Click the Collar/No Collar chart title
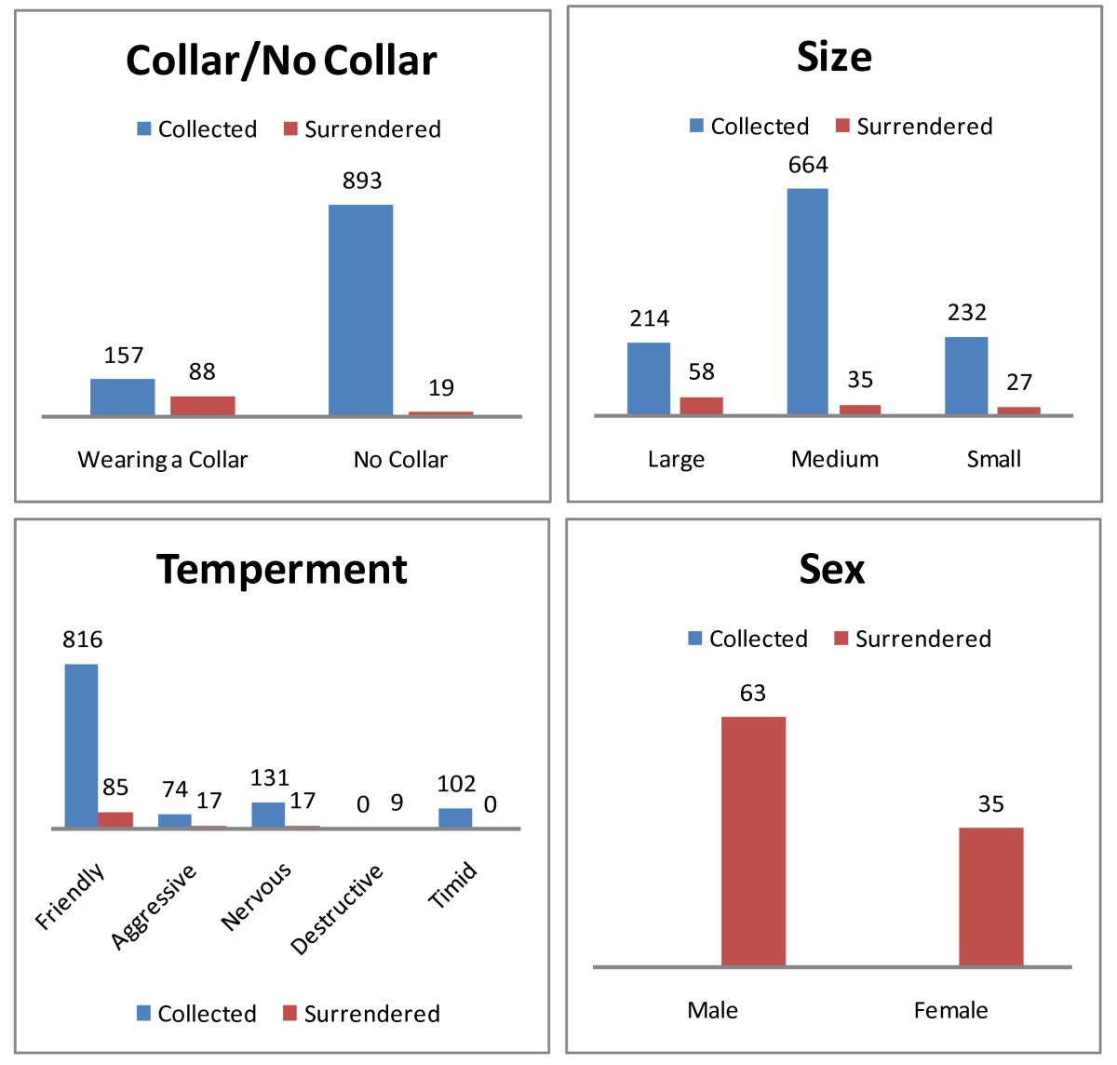pos(281,61)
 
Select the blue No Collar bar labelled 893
pos(360,309)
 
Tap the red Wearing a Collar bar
pos(202,405)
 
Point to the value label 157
pos(123,356)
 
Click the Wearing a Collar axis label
pos(162,460)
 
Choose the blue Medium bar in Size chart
pos(807,301)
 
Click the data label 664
pos(807,166)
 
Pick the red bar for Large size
pos(701,405)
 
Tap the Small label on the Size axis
pos(993,459)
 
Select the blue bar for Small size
pos(965,375)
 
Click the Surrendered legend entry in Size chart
pos(914,127)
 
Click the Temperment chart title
pos(281,570)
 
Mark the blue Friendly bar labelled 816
pos(81,745)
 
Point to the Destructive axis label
pos(337,910)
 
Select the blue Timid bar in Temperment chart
pos(455,817)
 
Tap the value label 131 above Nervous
pos(270,778)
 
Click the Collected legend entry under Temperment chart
pos(196,1014)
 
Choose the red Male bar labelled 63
pos(753,841)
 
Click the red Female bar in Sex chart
pos(990,896)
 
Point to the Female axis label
pos(950,1011)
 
